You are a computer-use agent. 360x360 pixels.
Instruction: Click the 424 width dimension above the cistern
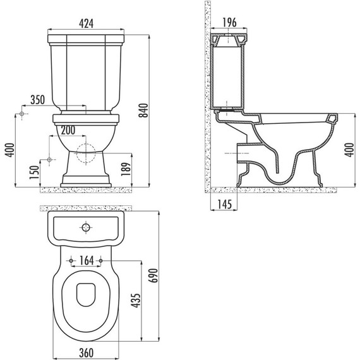click(x=87, y=24)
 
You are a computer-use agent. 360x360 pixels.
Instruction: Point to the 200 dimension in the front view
click(x=70, y=130)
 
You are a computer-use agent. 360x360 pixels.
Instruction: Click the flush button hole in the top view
click(x=87, y=227)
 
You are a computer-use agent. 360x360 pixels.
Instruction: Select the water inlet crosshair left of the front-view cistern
click(x=23, y=114)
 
